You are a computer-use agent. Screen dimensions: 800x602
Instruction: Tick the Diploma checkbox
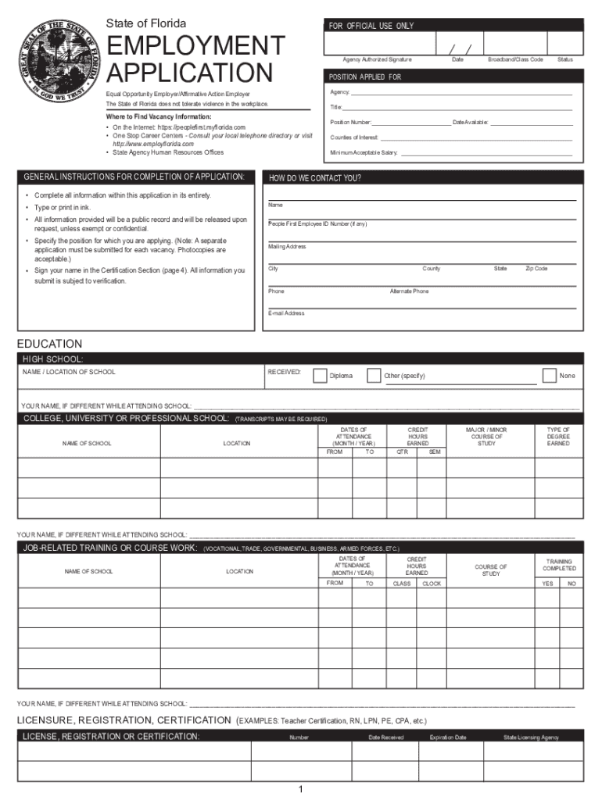[x=320, y=376]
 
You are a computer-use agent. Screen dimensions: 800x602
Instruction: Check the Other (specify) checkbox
[x=374, y=376]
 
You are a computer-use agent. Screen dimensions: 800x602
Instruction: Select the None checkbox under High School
[x=550, y=376]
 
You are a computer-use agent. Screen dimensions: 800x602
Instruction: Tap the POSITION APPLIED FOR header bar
[x=453, y=77]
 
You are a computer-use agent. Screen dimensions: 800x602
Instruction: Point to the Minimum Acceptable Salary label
[x=364, y=153]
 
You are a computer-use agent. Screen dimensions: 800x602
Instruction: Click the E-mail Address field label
[x=286, y=313]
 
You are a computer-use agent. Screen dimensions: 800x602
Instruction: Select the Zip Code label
[x=536, y=269]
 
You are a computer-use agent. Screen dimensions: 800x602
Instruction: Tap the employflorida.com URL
[x=153, y=145]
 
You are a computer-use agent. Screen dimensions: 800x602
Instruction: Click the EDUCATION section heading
[x=49, y=344]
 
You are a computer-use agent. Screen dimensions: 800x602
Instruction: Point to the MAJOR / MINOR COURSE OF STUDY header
[x=486, y=437]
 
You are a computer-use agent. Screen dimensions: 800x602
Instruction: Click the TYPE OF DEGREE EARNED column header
[x=558, y=437]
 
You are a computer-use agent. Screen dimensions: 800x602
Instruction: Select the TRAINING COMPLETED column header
[x=559, y=565]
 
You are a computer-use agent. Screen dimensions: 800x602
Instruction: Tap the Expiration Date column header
[x=448, y=737]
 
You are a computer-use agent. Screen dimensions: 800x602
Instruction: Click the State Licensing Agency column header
[x=532, y=737]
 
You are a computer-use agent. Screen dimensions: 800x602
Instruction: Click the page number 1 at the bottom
[x=300, y=790]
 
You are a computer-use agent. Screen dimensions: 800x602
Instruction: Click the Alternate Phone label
[x=409, y=291]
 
